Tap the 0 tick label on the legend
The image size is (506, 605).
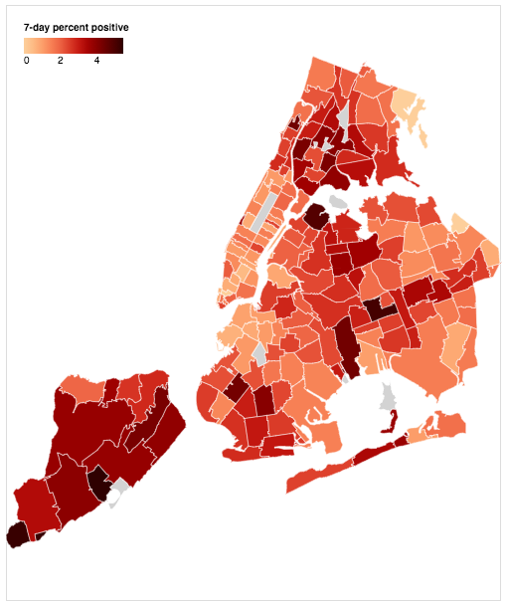[x=26, y=61]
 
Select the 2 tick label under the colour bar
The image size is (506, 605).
[x=61, y=61]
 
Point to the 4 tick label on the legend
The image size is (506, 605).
[x=96, y=61]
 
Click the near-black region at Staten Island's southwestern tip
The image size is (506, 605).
[x=17, y=535]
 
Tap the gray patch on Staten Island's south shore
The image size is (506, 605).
[x=120, y=490]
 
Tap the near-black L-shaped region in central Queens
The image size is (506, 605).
[x=379, y=308]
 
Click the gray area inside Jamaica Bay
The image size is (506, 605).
[x=389, y=398]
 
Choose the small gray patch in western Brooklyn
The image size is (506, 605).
[x=260, y=352]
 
